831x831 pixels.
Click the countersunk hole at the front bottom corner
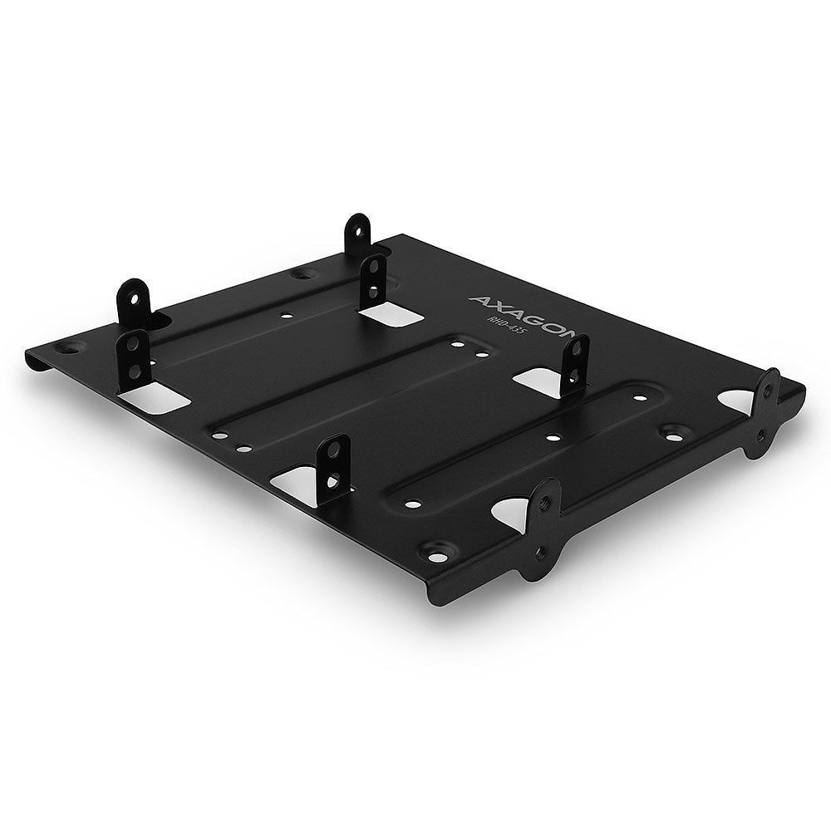[x=431, y=549]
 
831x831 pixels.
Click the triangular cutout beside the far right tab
[x=737, y=400]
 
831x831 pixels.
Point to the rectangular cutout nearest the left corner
[x=151, y=399]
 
